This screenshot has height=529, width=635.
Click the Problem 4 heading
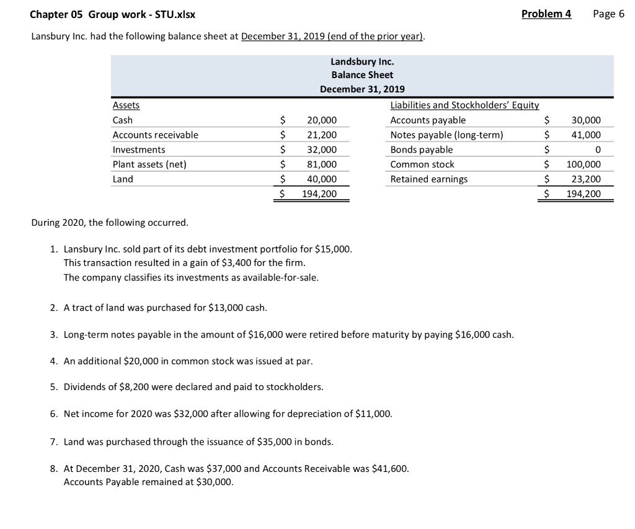point(546,14)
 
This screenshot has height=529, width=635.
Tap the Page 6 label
point(608,14)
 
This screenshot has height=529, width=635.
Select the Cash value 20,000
point(322,120)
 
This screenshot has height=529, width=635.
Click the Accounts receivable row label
point(156,135)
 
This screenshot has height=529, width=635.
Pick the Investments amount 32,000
point(322,149)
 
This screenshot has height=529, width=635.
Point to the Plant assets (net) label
point(149,164)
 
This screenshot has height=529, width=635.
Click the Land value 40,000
point(322,179)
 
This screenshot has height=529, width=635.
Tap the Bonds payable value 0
point(597,149)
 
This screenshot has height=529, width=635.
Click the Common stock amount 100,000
point(584,164)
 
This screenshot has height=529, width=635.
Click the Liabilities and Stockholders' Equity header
point(464,105)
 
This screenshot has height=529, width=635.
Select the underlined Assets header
point(126,105)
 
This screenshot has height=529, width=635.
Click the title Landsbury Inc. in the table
point(362,61)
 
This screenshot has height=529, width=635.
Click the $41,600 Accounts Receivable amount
point(389,469)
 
